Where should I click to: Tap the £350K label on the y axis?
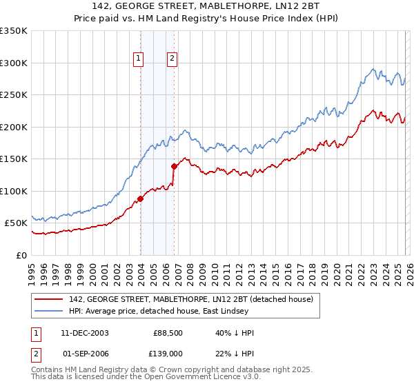coord(14,31)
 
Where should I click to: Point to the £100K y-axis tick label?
coord(14,191)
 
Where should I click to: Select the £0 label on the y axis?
coord(21,255)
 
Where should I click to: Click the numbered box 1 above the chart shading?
coord(139,59)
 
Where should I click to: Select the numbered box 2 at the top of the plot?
coord(171,59)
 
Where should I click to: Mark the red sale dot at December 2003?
coord(140,199)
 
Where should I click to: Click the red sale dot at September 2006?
coord(174,166)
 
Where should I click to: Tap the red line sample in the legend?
coord(50,299)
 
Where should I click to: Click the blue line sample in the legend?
coord(50,311)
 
